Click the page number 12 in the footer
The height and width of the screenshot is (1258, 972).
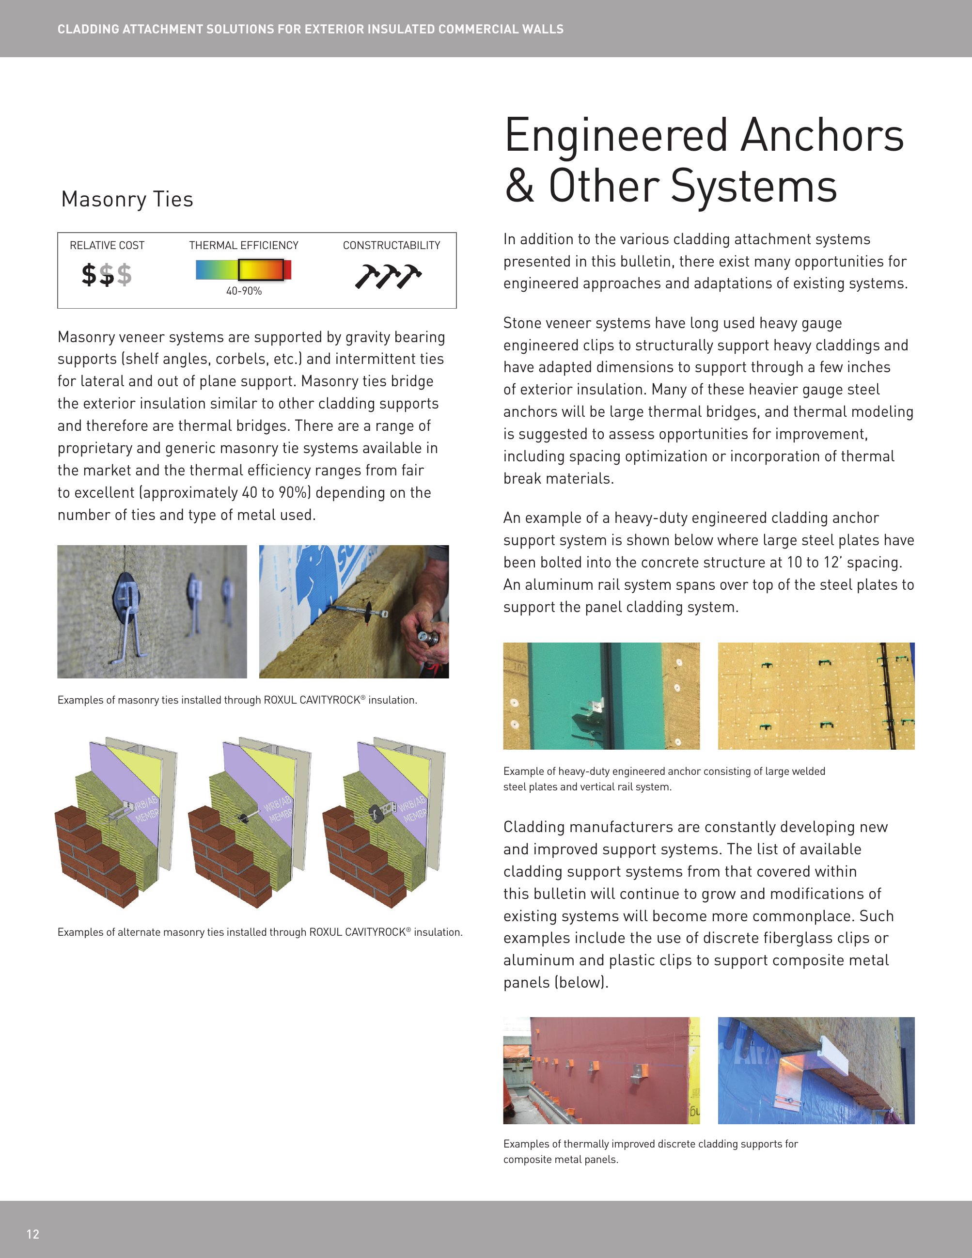coord(33,1233)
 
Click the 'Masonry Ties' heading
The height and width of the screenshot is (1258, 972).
coord(127,199)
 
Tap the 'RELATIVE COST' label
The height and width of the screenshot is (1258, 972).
coord(107,245)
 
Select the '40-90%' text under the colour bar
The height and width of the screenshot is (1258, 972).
coord(244,291)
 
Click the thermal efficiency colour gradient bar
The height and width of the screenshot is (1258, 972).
coord(244,269)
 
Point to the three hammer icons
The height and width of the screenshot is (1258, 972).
coord(388,276)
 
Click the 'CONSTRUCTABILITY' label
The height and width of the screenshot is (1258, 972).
coord(392,245)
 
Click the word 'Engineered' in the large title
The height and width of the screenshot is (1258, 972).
coord(616,136)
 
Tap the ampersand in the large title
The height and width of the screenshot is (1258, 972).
coord(519,187)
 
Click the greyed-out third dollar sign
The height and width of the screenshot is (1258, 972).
coord(125,275)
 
